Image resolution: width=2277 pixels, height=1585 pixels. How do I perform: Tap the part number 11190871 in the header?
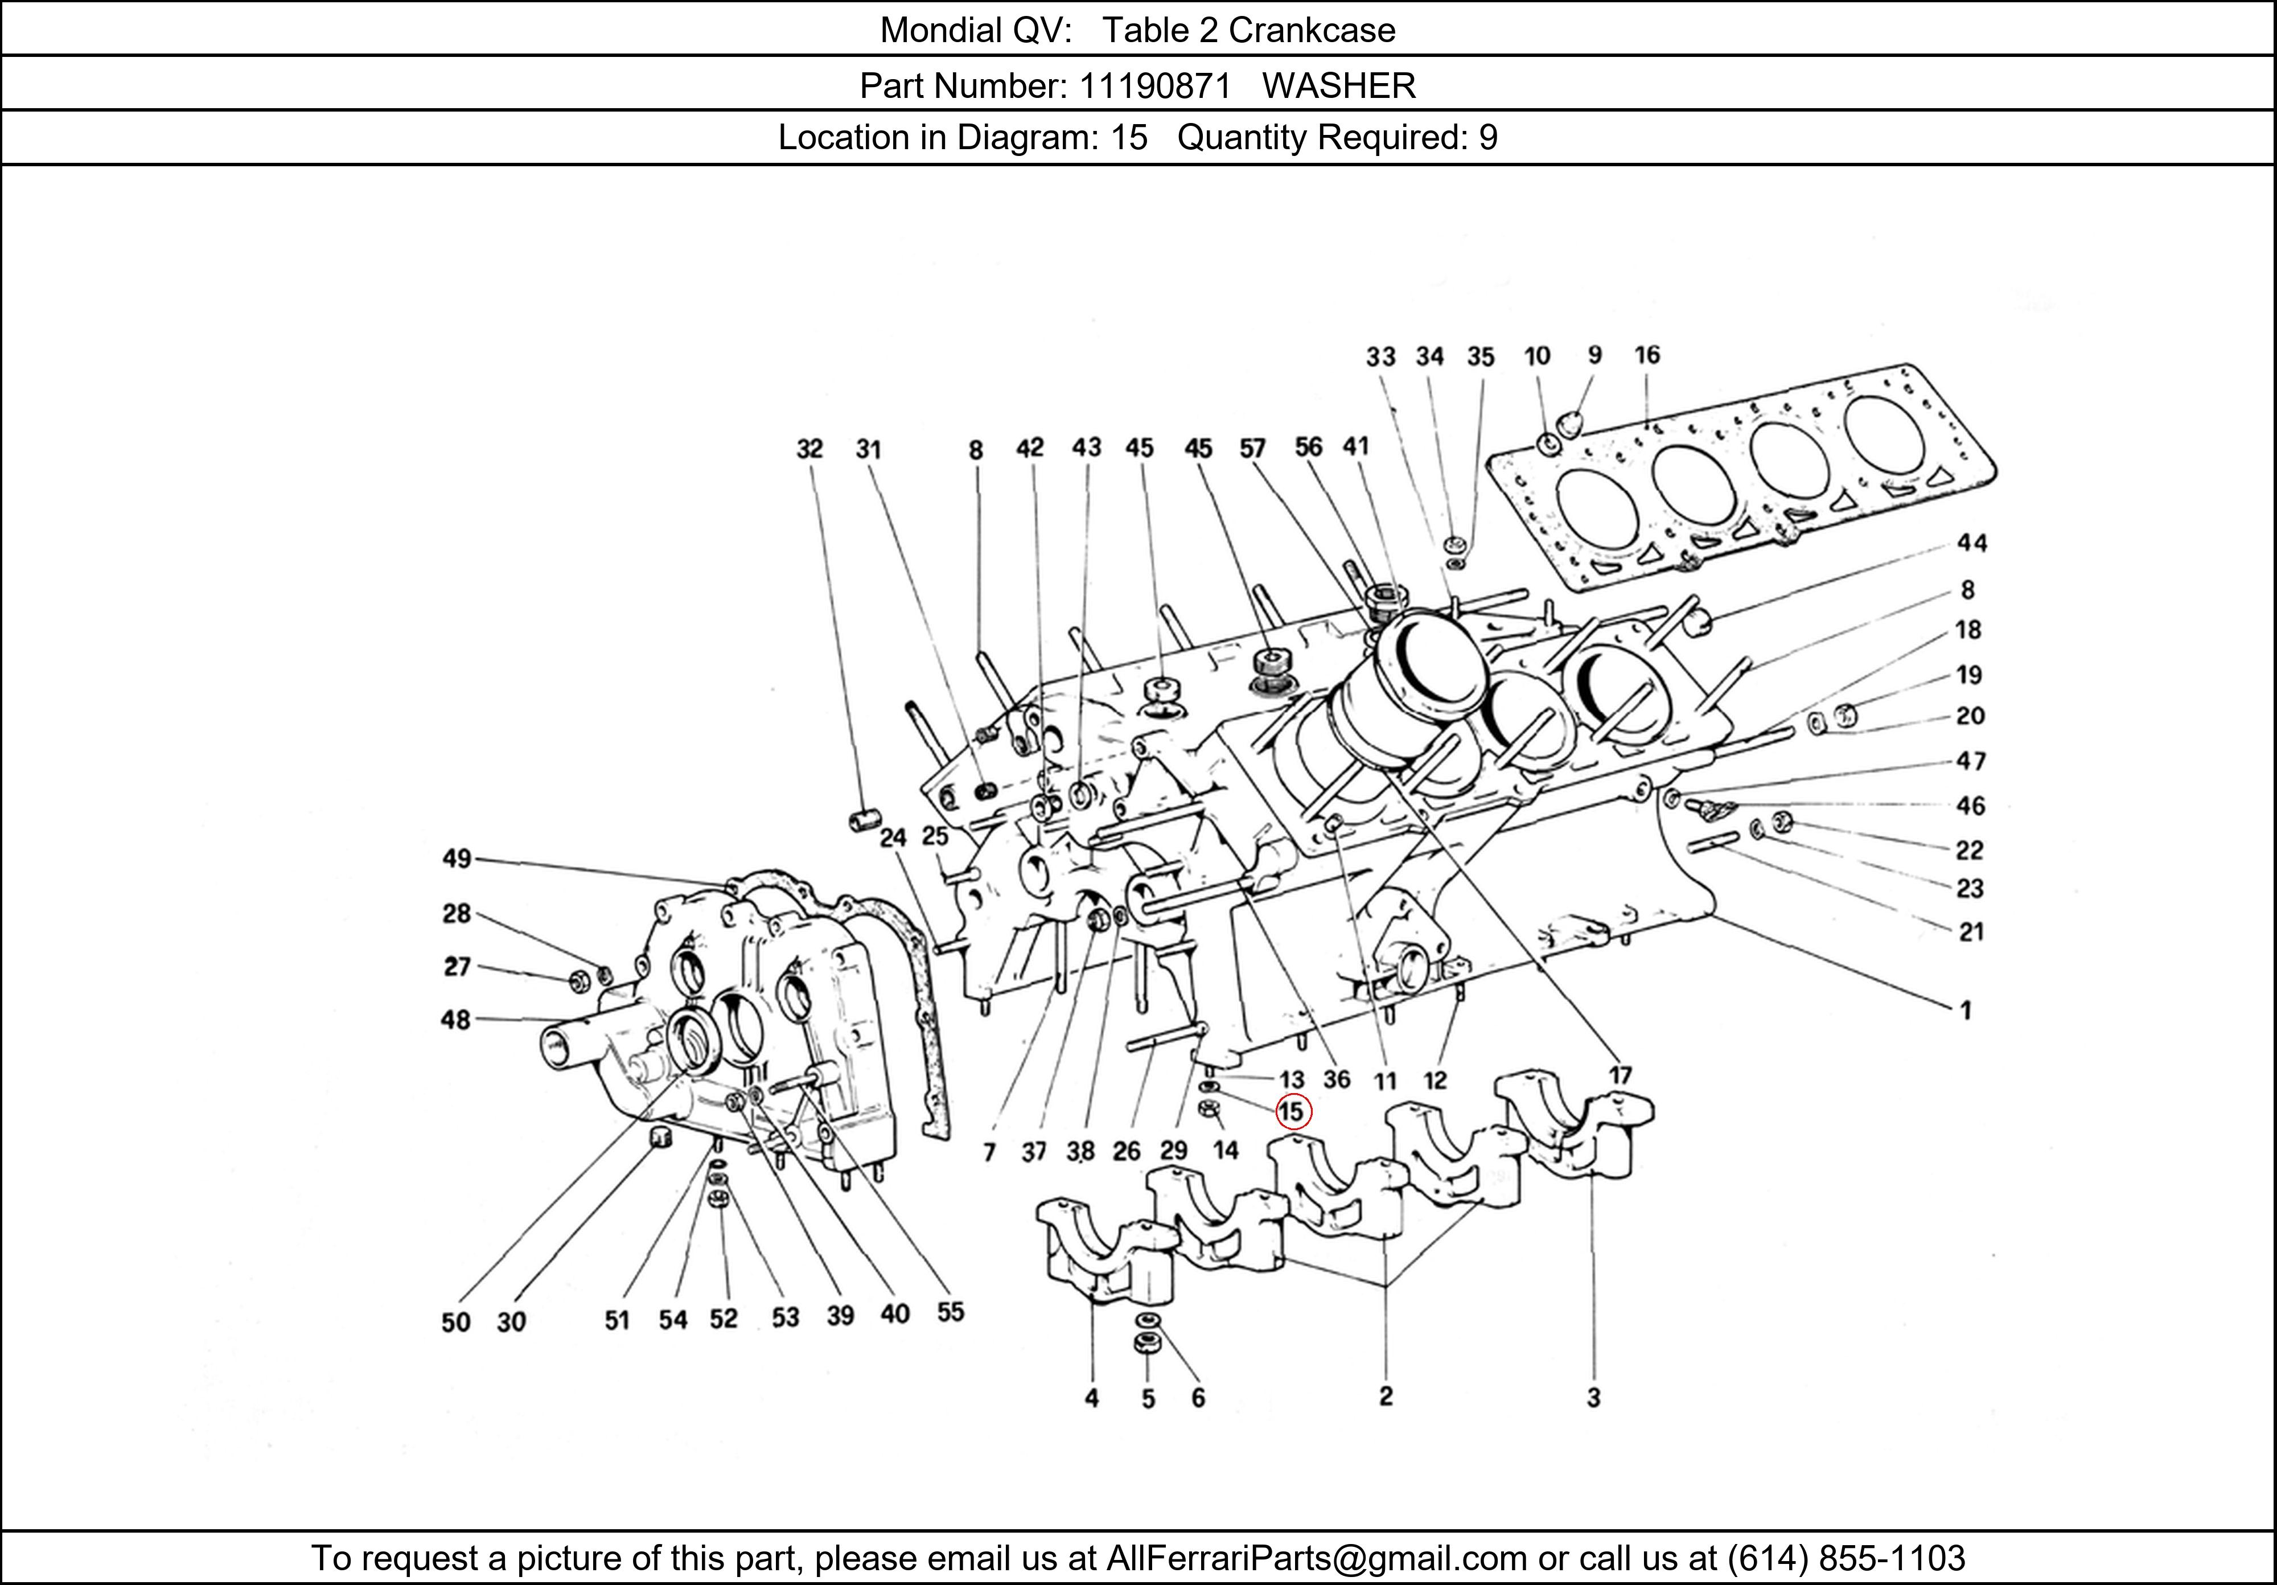tap(1154, 87)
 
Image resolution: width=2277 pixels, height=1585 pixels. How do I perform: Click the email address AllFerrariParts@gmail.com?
tap(1316, 1558)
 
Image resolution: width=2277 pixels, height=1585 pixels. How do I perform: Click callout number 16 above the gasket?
tap(1647, 355)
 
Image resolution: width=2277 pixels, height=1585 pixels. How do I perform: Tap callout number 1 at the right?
tap(1966, 1011)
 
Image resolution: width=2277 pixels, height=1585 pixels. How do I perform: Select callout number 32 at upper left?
tap(809, 449)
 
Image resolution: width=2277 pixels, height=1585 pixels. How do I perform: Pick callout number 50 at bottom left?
tap(455, 1322)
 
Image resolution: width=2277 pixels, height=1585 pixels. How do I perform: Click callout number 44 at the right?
tap(1971, 543)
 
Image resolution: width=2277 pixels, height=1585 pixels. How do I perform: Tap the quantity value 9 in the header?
tap(1487, 137)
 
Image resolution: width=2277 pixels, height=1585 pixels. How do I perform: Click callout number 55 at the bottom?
tap(950, 1312)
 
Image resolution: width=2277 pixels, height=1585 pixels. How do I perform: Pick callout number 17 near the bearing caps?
tap(1620, 1075)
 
